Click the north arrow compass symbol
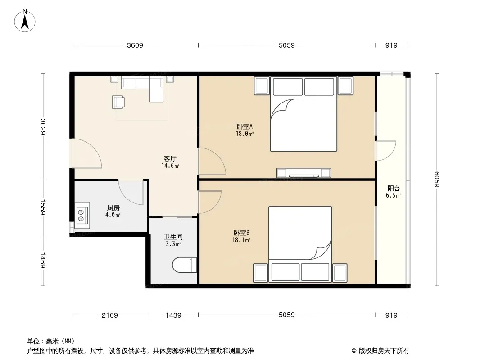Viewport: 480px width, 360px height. point(25,21)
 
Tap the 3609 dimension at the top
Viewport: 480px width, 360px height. point(135,45)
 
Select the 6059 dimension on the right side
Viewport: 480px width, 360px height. point(436,180)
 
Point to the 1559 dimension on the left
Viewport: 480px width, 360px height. point(43,207)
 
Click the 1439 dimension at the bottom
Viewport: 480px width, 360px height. point(173,315)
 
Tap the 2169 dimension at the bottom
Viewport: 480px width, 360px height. point(109,315)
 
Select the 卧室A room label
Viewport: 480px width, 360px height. point(245,126)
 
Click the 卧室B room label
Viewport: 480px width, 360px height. point(241,233)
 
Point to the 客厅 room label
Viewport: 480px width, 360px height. point(170,158)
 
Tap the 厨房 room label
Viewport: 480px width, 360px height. point(113,208)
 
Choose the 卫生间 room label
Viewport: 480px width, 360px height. point(173,237)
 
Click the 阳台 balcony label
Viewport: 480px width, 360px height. point(394,189)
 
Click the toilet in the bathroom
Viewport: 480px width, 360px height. point(184,265)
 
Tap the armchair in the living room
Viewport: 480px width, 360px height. point(118,102)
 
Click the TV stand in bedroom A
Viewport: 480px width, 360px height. point(303,173)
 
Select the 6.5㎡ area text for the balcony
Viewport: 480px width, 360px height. point(394,196)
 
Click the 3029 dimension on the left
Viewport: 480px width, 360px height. point(43,126)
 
